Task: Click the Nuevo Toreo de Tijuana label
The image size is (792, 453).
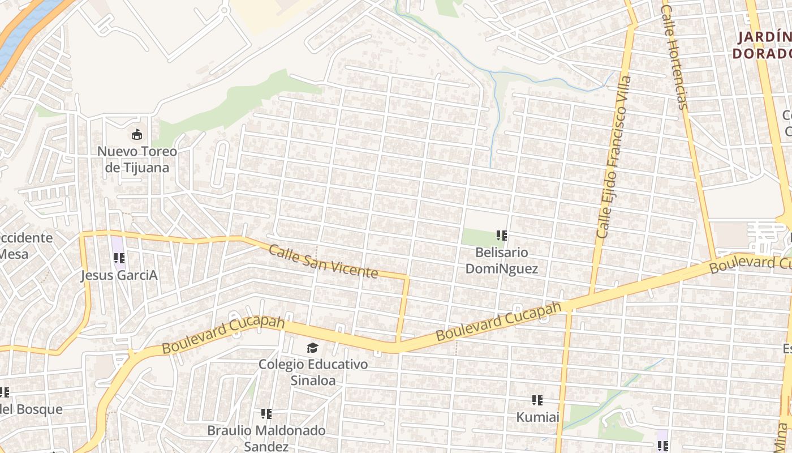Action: click(x=137, y=160)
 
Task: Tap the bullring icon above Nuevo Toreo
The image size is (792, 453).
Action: click(x=137, y=135)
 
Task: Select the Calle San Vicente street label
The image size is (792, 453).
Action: click(x=323, y=261)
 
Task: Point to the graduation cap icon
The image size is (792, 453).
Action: click(x=313, y=348)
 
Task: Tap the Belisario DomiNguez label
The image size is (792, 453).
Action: click(x=501, y=260)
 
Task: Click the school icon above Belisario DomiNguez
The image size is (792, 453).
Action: click(x=501, y=236)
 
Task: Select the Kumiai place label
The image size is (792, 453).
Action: click(x=537, y=417)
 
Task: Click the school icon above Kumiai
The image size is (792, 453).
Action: click(x=537, y=400)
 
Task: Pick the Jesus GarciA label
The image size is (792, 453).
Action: click(x=119, y=276)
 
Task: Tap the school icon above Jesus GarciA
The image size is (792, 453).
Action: click(x=119, y=258)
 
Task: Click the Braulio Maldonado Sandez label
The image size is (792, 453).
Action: click(x=266, y=438)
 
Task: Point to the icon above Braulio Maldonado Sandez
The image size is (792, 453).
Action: click(x=266, y=414)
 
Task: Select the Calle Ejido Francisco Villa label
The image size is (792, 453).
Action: click(x=613, y=157)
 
